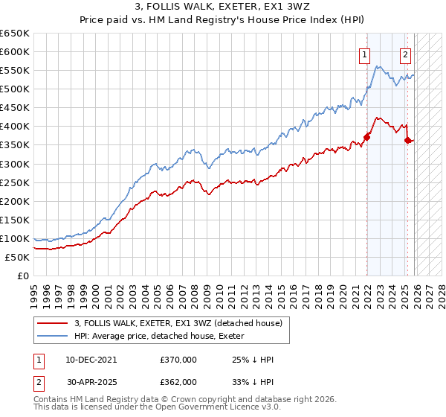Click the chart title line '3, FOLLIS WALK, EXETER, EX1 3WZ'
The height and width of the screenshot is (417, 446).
[x=223, y=7]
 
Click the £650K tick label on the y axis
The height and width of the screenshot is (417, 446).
[x=15, y=34]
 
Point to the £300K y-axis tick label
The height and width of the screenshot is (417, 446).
[x=15, y=164]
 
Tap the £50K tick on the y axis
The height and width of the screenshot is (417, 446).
[x=18, y=257]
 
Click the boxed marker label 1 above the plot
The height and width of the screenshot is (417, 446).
[x=365, y=54]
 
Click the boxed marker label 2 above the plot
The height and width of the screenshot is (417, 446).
[x=405, y=54]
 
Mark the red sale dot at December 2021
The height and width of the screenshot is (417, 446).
[x=367, y=137]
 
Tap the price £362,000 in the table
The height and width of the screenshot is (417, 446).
[x=178, y=381]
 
